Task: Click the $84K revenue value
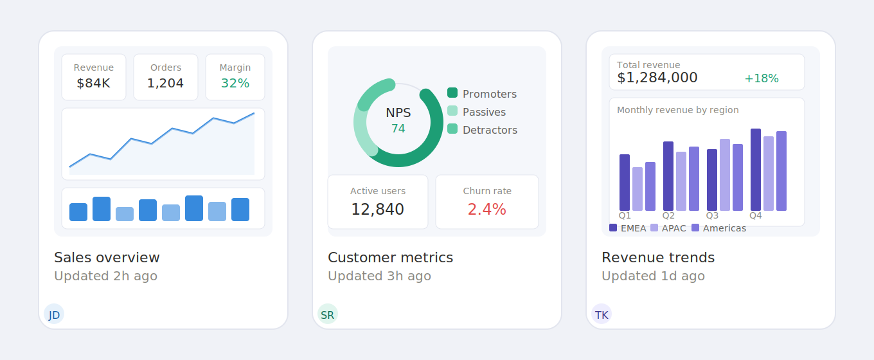pos(93,83)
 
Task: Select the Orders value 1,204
pos(165,83)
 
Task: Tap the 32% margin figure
pos(235,83)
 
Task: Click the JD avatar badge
pos(54,314)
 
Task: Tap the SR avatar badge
pos(327,314)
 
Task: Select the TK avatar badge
pos(601,314)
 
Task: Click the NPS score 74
pos(398,129)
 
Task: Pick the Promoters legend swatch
pos(452,93)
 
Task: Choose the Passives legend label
pos(484,112)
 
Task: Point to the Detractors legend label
pos(490,130)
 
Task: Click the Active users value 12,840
pos(377,209)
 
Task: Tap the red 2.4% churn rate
pos(486,209)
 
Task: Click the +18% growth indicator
pos(761,78)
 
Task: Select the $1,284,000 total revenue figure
pos(657,78)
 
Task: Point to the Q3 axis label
pos(712,216)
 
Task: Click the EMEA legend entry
pos(628,228)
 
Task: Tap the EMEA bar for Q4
pos(756,170)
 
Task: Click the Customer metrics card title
pos(390,258)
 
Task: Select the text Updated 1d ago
pos(653,276)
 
